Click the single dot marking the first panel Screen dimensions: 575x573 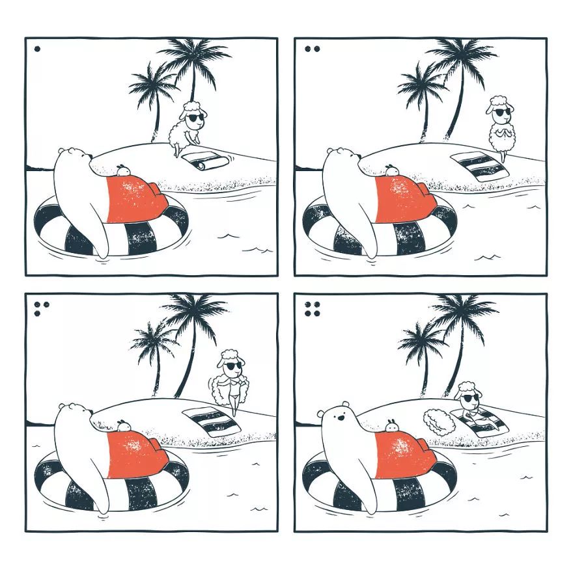coord(37,48)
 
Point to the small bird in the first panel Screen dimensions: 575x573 coord(123,169)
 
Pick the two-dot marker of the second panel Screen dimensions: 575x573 coord(312,48)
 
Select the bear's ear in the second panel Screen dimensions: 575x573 coord(330,152)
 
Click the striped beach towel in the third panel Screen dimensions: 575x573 coord(211,421)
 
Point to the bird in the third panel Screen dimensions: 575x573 coord(123,425)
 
